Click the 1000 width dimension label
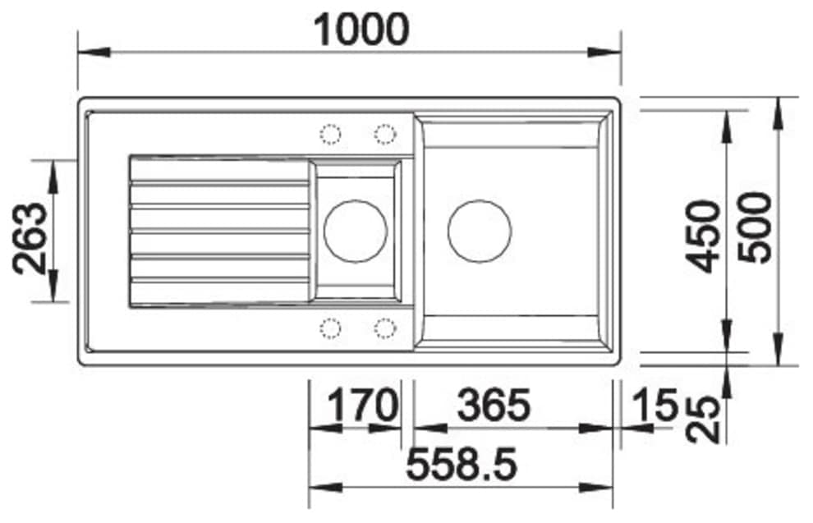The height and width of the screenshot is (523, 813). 361,30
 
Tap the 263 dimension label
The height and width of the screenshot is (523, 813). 30,238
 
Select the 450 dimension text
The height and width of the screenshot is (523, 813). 703,236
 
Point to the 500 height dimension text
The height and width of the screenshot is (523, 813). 755,227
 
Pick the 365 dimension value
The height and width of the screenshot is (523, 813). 494,405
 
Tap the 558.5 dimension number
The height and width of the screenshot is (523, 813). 462,464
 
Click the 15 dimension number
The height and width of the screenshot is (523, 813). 655,405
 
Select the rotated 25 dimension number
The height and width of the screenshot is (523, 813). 703,420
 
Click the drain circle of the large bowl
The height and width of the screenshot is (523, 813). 480,232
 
